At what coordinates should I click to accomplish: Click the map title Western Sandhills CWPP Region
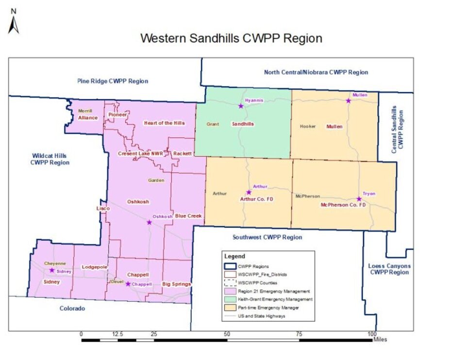coord(231,38)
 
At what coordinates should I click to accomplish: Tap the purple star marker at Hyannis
coord(240,106)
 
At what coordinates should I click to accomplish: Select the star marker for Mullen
coord(348,100)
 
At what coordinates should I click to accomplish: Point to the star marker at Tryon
coord(359,199)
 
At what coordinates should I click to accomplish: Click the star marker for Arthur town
coord(249,192)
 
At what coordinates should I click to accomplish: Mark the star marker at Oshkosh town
coord(149,222)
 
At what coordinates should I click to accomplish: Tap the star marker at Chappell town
coord(128,284)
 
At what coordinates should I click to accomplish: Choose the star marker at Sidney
coord(52,270)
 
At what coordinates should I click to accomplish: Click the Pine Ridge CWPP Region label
coord(113,81)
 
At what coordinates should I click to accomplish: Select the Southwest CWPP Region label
coord(267,237)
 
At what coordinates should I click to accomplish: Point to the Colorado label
coord(72,308)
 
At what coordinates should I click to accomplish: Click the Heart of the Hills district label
coord(164,123)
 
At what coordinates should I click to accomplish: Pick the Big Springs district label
coord(176,284)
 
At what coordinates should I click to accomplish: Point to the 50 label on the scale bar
coord(227,334)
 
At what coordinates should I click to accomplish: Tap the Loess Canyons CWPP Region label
coord(389,269)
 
